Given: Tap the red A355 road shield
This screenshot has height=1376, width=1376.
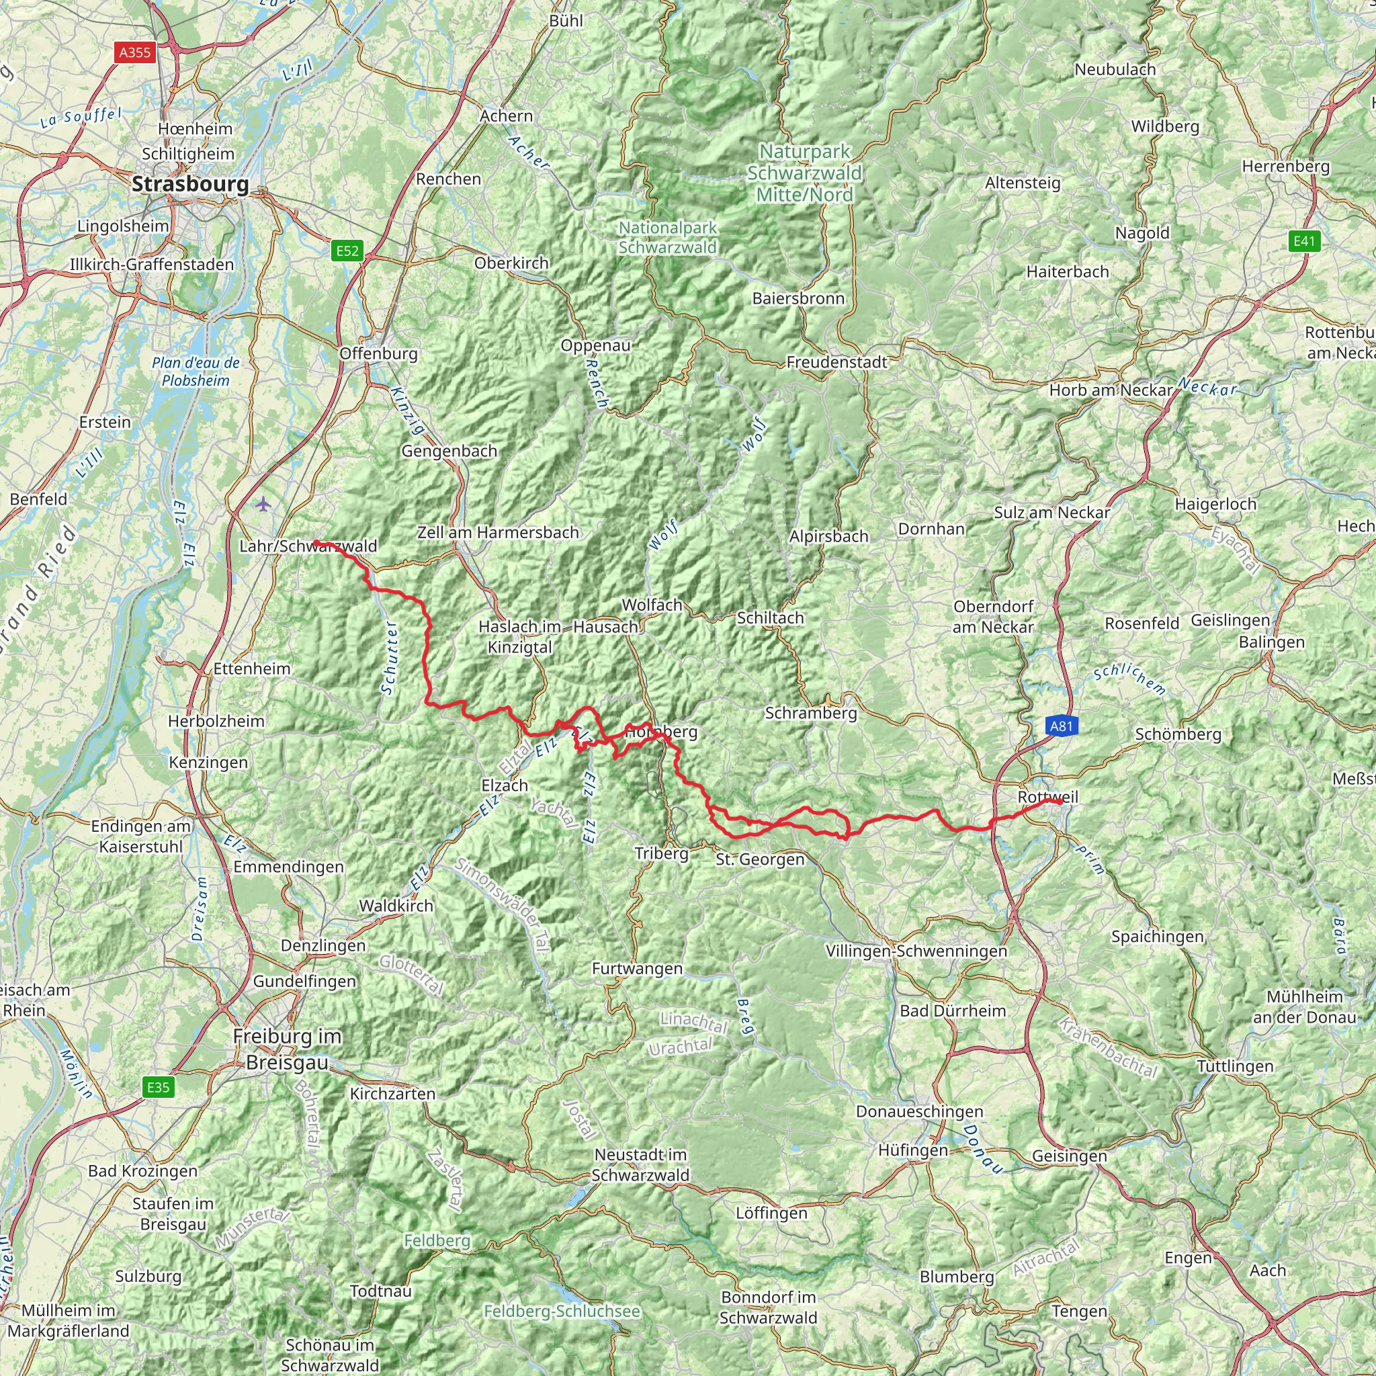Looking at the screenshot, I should (x=135, y=52).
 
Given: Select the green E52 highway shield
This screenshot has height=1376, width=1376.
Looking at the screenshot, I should (x=347, y=250).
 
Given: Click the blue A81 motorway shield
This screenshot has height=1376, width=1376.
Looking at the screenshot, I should (x=1061, y=726).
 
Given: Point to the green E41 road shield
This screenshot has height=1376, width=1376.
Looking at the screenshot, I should (x=1304, y=241).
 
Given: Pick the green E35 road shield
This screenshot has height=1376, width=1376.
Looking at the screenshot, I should (x=158, y=1087).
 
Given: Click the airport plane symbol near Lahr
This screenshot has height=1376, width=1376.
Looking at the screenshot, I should (x=263, y=505).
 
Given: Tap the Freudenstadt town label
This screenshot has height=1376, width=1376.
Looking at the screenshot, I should (x=837, y=362).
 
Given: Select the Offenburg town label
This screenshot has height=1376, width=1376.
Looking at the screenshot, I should (x=378, y=353).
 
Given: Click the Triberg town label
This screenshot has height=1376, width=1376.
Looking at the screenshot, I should (x=662, y=853).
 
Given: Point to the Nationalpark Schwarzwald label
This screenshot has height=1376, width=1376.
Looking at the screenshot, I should (x=667, y=237).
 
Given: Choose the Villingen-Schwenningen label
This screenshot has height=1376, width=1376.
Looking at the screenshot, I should (x=916, y=951).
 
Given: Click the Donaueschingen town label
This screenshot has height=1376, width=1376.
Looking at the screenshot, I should (x=920, y=1111).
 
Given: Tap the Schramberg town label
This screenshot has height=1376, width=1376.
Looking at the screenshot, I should (x=810, y=713).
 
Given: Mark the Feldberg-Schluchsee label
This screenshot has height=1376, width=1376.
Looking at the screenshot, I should (x=562, y=1311).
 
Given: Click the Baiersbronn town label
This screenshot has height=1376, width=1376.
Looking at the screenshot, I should (x=798, y=298).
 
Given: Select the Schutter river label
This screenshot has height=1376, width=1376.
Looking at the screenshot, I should (x=389, y=657).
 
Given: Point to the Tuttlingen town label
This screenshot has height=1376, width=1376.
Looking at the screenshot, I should (x=1235, y=1066).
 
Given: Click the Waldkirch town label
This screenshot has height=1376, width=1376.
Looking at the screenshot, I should (x=396, y=906).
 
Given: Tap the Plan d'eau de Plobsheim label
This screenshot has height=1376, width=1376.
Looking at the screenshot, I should (x=196, y=372).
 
